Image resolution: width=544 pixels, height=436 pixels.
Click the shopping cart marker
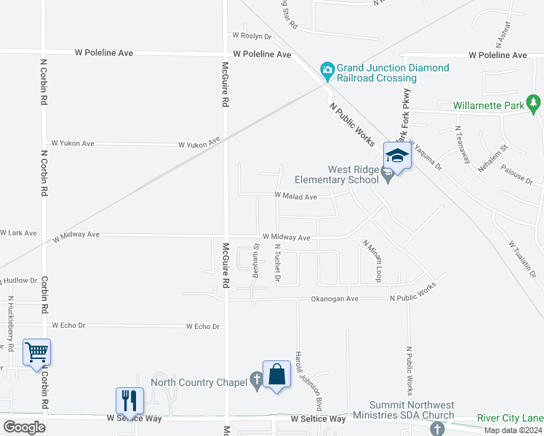[x=36, y=353]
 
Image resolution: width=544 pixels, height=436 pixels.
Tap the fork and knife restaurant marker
[x=130, y=400]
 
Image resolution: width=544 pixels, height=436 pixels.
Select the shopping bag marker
[x=276, y=375]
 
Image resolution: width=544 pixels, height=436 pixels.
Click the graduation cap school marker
[x=397, y=156]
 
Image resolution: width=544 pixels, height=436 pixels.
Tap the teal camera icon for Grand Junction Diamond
[x=327, y=70]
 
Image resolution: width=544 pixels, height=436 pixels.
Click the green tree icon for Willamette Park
[x=535, y=105]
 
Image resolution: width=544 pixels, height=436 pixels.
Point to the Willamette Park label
[x=488, y=105]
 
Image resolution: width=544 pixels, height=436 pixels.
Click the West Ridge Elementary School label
[x=337, y=174]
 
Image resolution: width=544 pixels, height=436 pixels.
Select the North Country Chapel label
[x=198, y=382]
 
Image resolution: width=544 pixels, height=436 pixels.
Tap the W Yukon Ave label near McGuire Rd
[x=200, y=144]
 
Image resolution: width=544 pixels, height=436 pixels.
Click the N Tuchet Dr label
[x=277, y=262]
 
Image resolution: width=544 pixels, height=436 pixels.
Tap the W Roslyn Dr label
[x=252, y=36]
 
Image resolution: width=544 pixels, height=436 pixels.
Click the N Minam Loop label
[x=377, y=261]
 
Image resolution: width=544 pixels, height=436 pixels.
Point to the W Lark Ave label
[x=18, y=233]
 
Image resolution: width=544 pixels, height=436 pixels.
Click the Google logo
[x=24, y=427]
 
